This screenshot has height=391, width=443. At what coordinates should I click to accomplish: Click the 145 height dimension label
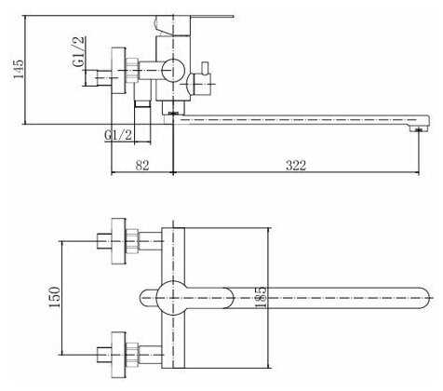pyautogui.click(x=18, y=69)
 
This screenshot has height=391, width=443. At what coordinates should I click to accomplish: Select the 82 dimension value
pyautogui.click(x=142, y=165)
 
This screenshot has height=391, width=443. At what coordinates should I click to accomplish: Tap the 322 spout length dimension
pyautogui.click(x=296, y=165)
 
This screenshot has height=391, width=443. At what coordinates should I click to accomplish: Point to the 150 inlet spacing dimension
pyautogui.click(x=54, y=297)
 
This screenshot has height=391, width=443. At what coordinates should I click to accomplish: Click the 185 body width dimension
pyautogui.click(x=261, y=298)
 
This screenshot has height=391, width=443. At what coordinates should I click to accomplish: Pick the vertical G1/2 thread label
pyautogui.click(x=78, y=51)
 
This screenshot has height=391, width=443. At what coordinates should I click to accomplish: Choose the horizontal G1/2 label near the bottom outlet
pyautogui.click(x=118, y=135)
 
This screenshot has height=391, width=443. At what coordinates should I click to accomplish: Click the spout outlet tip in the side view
pyautogui.click(x=419, y=128)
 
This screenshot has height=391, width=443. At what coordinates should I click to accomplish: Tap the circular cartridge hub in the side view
pyautogui.click(x=173, y=70)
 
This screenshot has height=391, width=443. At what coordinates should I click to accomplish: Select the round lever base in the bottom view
pyautogui.click(x=173, y=298)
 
